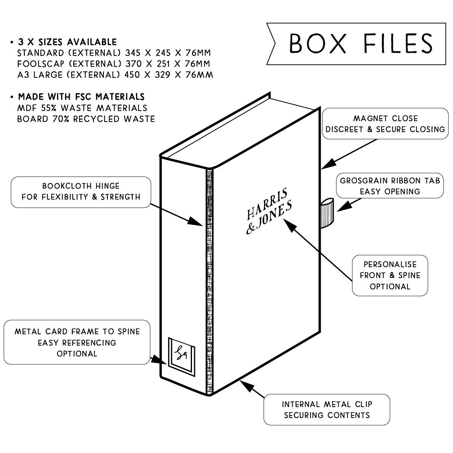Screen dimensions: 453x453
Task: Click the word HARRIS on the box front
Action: click(267, 204)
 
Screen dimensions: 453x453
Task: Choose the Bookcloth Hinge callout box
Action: click(81, 192)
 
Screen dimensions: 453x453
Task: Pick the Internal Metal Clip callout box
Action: click(327, 410)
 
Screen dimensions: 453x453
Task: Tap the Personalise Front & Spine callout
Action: click(390, 275)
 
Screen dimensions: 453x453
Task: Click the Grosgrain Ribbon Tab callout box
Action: click(390, 186)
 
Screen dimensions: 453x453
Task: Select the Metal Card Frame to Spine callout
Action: click(77, 342)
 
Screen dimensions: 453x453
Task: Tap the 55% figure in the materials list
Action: click(46, 108)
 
